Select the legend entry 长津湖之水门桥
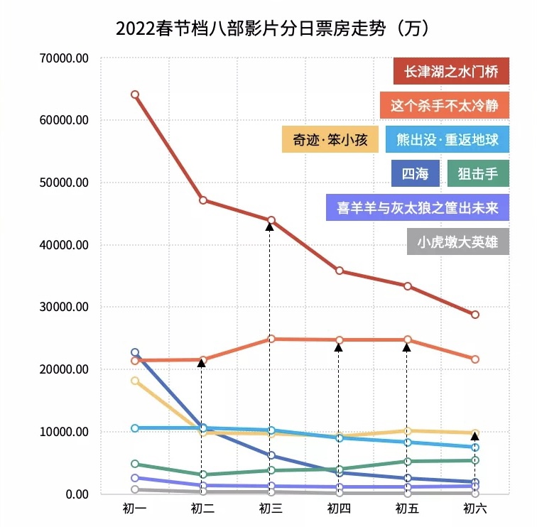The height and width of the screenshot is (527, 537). point(451,71)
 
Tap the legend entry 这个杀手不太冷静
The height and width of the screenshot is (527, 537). point(445,106)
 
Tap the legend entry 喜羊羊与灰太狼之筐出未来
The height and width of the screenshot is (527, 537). point(418,208)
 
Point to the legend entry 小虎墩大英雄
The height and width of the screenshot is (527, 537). point(458,242)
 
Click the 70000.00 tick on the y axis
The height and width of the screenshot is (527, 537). point(65,58)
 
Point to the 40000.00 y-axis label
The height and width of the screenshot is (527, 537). point(65,245)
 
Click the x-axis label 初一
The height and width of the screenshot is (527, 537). point(134,509)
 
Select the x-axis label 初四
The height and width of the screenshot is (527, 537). point(339,509)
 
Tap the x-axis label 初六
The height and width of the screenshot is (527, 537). point(474,509)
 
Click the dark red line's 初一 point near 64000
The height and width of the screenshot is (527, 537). point(135,94)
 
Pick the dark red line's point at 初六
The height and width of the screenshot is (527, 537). point(474,315)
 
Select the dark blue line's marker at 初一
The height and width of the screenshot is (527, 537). point(135,352)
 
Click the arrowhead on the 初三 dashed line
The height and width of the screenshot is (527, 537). point(270,226)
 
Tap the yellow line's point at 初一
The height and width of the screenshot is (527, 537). point(135,381)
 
